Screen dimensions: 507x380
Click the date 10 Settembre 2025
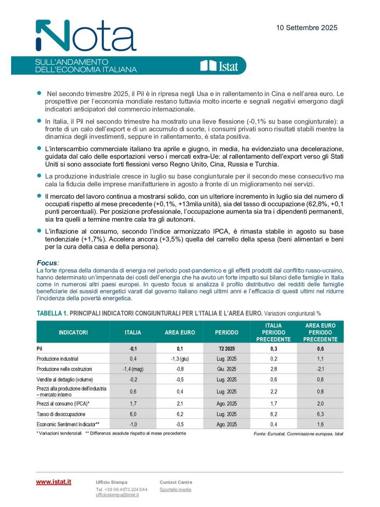pos(306,28)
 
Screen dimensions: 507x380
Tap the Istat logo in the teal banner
pos(219,66)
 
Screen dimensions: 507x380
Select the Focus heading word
pos(47,263)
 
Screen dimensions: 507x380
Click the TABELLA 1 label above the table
pos(52,313)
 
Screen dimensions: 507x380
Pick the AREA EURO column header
pos(180,332)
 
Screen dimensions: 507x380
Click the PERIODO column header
pos(226,332)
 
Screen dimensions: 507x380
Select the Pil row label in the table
pos(40,349)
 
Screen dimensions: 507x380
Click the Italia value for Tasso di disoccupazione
pos(133,414)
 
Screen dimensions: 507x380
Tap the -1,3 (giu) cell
pos(180,359)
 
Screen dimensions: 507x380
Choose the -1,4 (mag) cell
pos(133,369)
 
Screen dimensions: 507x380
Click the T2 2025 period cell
pos(226,349)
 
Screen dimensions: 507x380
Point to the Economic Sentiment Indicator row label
pos(68,424)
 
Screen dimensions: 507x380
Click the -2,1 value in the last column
pos(320,369)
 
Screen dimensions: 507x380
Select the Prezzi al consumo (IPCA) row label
pos(63,404)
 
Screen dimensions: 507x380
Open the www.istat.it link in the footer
pos(53,482)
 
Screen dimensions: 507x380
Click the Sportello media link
pos(175,490)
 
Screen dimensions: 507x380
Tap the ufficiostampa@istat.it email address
pos(117,495)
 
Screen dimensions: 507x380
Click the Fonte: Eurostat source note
pos(298,434)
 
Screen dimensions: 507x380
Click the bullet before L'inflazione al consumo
pos(39,231)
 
